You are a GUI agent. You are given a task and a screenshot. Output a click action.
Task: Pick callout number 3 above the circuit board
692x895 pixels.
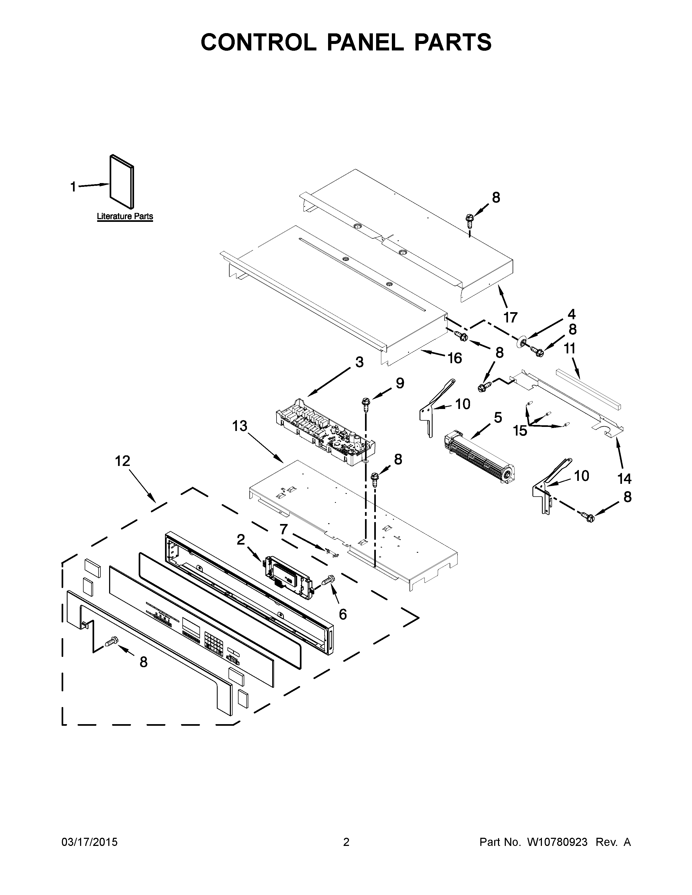(359, 362)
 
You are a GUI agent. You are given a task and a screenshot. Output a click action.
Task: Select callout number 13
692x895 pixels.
(240, 426)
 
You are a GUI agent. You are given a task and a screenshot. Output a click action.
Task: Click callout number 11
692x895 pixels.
(569, 348)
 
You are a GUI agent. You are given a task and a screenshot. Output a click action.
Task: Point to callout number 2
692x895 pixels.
(241, 540)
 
